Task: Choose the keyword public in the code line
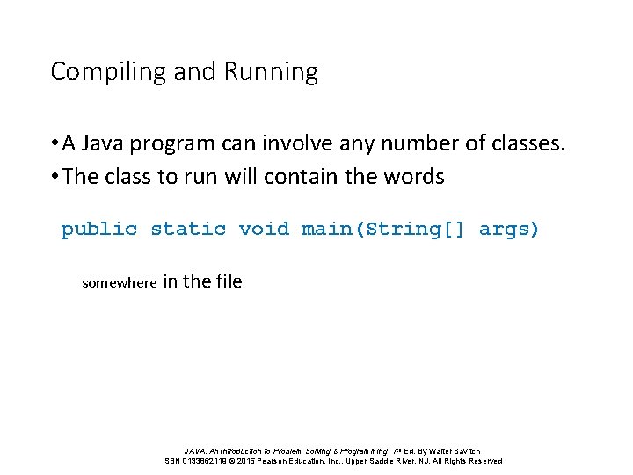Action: pyautogui.click(x=98, y=230)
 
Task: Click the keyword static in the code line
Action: pyautogui.click(x=188, y=230)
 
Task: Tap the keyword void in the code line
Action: pyautogui.click(x=264, y=230)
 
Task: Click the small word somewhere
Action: pyautogui.click(x=120, y=283)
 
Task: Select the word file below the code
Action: pyautogui.click(x=227, y=281)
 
